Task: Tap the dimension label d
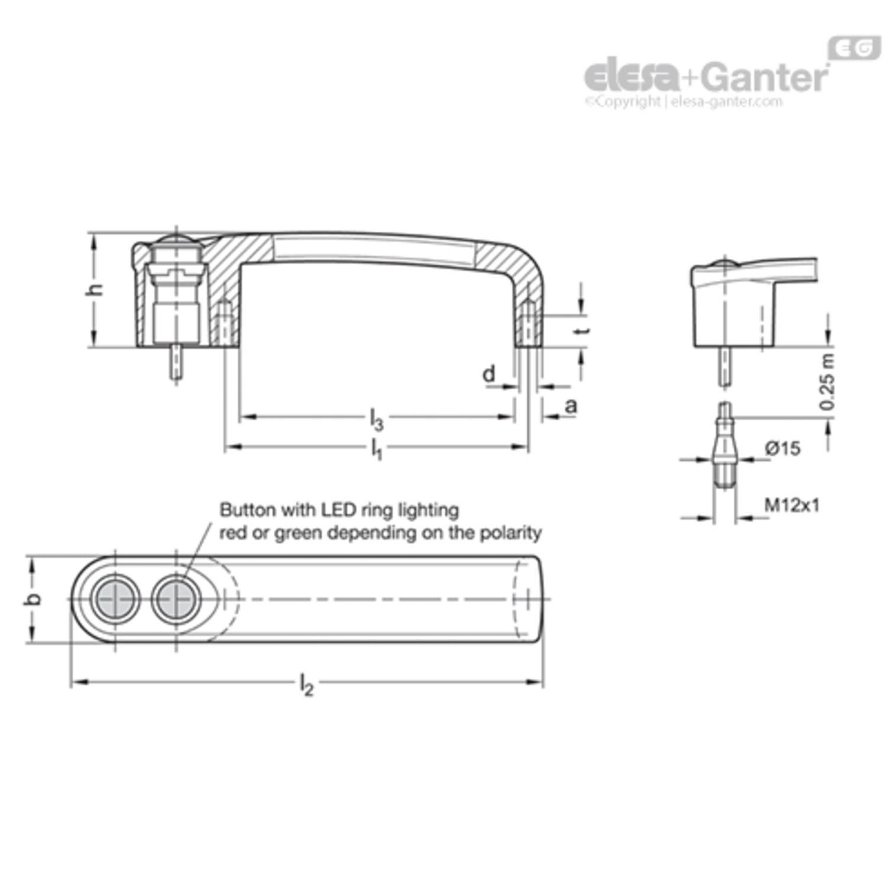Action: coord(489,374)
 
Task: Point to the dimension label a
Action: coord(571,406)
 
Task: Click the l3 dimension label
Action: coord(377,419)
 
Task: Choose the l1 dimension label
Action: coord(377,449)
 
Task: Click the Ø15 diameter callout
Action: coord(783,448)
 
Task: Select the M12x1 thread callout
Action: coord(792,505)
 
